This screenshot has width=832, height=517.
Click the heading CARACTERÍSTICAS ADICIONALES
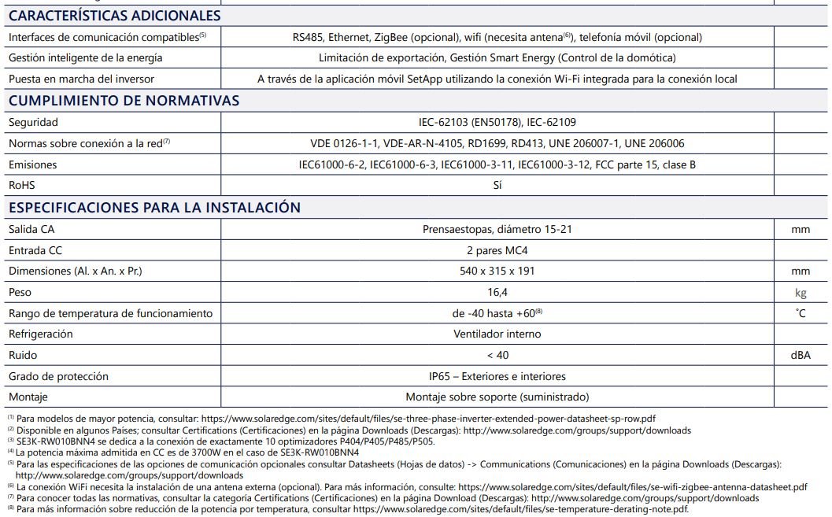click(115, 16)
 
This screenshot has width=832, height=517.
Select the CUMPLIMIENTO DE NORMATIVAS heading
click(124, 101)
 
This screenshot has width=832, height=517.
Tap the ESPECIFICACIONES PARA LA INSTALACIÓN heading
click(154, 208)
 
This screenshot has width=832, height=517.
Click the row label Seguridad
click(33, 123)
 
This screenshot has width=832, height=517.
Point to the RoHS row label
click(21, 186)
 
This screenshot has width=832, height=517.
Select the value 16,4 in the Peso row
click(497, 292)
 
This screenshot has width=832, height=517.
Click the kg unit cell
click(801, 293)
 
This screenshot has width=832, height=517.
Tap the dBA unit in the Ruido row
click(801, 356)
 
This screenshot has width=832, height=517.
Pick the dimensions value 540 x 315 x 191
click(497, 271)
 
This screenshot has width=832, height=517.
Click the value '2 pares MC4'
click(497, 250)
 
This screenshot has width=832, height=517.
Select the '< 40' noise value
click(497, 356)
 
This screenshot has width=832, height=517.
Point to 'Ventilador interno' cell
click(497, 334)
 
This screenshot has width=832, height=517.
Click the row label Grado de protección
click(58, 377)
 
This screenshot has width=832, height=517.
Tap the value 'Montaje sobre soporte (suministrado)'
click(497, 397)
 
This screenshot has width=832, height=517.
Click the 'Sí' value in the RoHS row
click(497, 186)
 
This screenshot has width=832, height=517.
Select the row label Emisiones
click(32, 165)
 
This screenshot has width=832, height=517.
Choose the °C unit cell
click(801, 313)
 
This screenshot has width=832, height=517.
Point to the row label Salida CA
click(31, 229)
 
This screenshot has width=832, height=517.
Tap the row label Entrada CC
click(35, 250)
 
